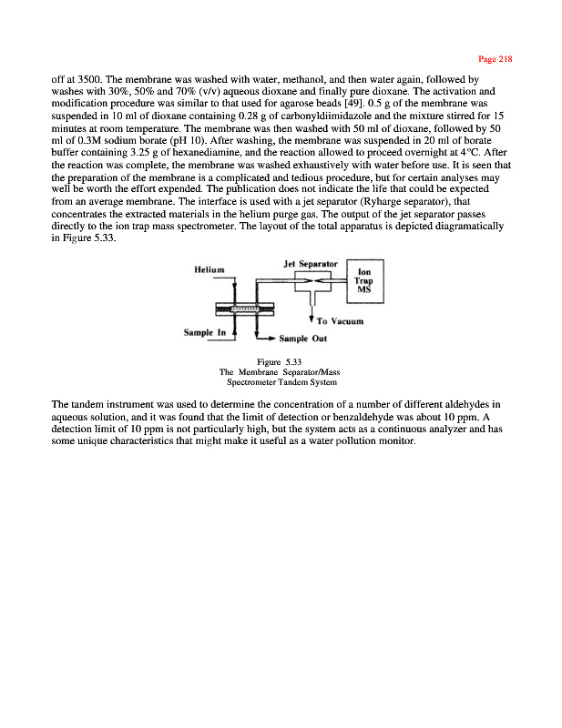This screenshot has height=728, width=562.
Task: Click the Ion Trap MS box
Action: [x=364, y=279]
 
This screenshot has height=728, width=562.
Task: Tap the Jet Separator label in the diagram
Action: [x=311, y=263]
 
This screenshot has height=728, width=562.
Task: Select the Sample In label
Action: [x=206, y=333]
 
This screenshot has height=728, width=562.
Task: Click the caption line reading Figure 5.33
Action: [x=280, y=362]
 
